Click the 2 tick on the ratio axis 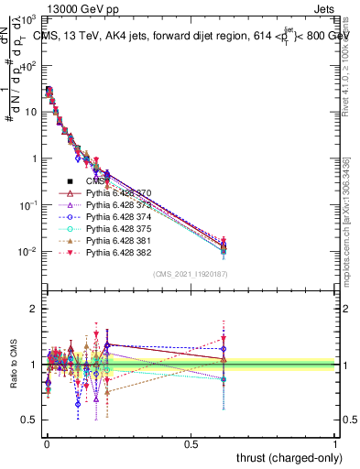coord(35,309)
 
